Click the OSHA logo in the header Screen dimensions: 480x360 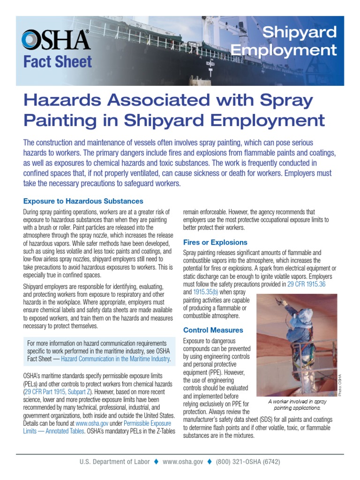point(56,40)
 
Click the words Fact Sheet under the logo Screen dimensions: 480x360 point(58,62)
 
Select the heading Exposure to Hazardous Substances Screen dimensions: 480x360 point(83,201)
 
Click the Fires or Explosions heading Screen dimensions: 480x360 point(215,242)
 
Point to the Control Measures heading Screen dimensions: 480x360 point(213,330)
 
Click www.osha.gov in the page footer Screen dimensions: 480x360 point(183,462)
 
